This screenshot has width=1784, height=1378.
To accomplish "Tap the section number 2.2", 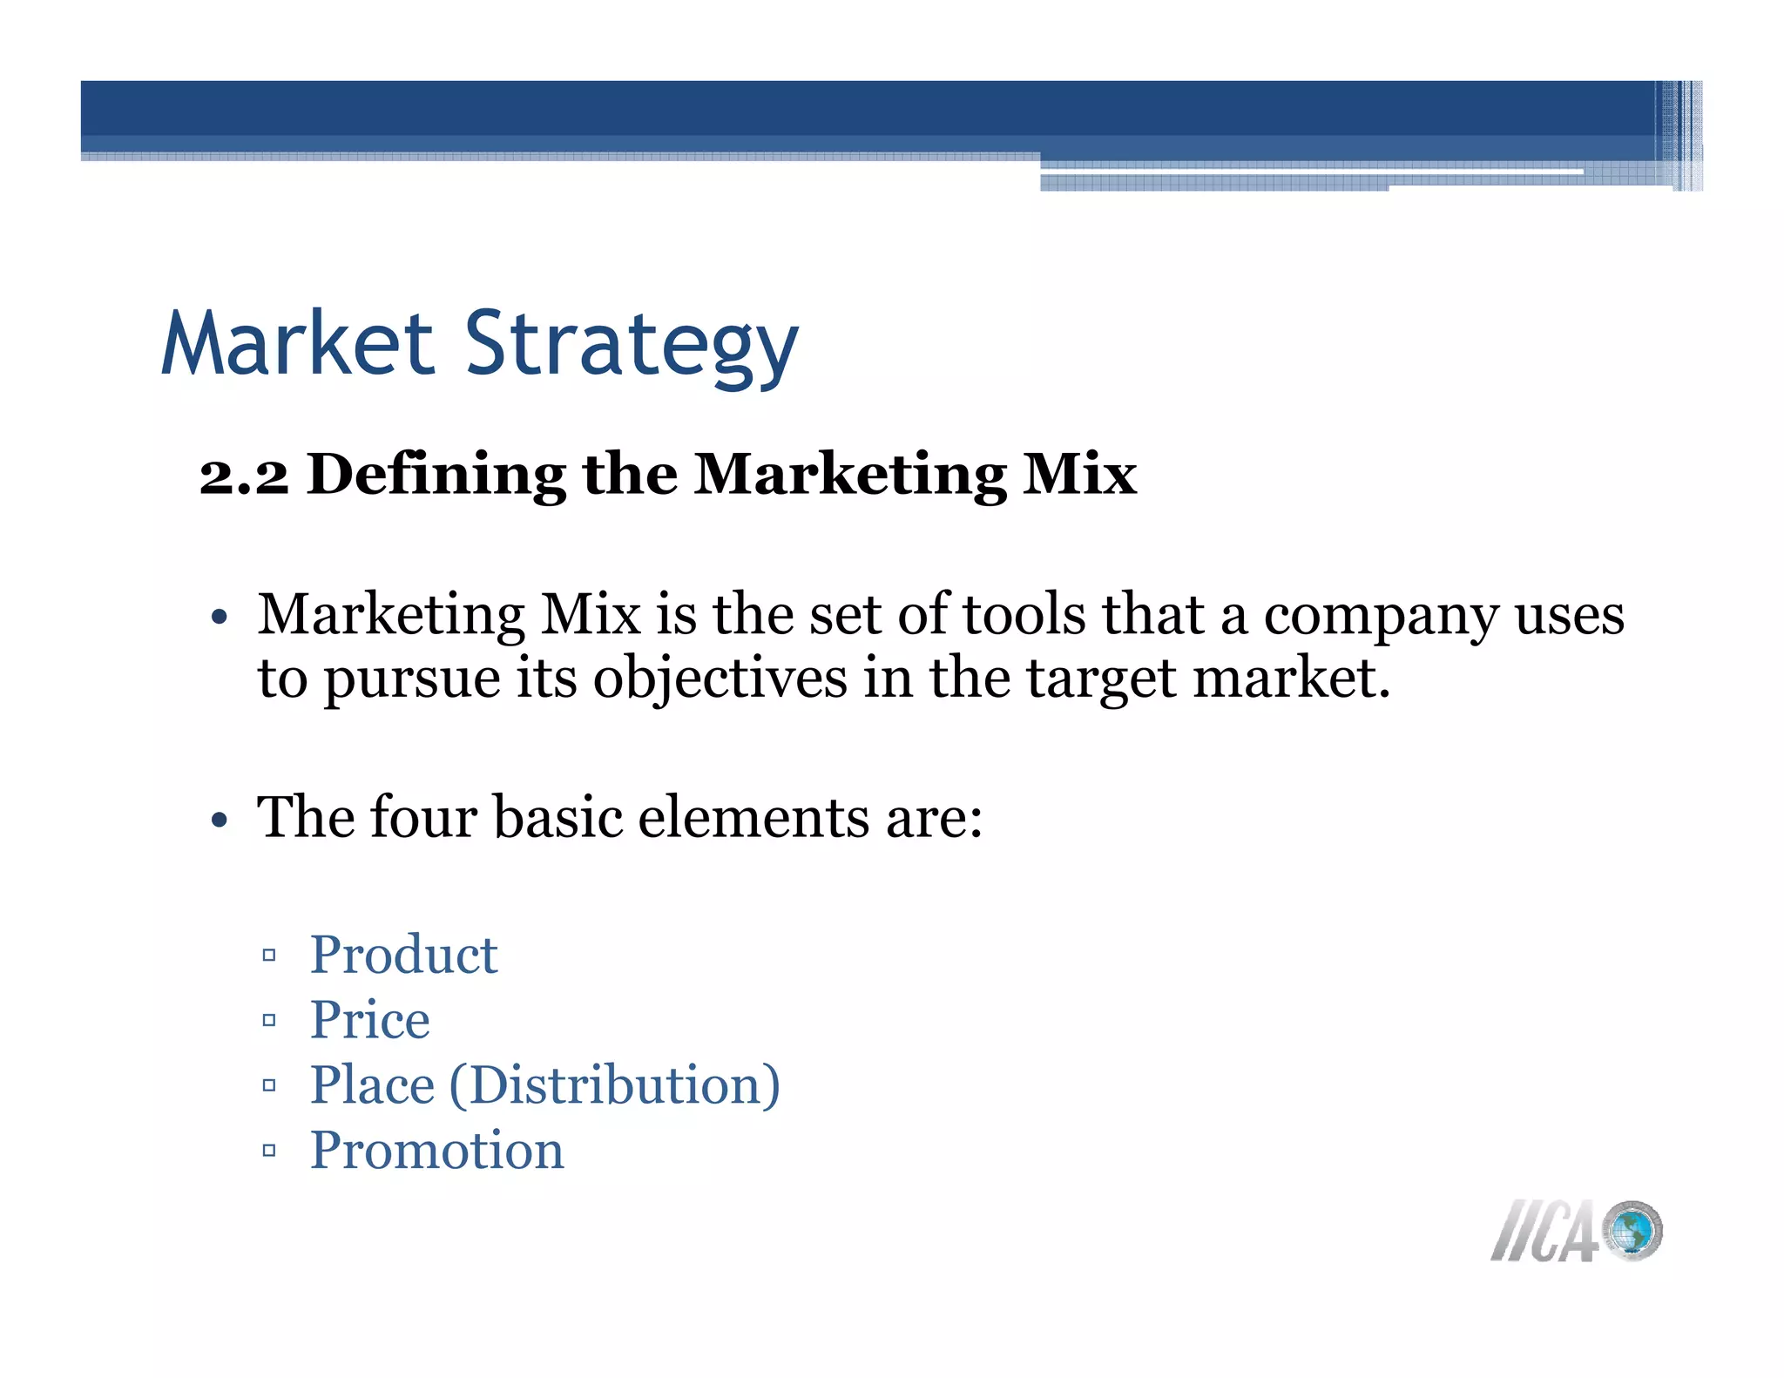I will (244, 476).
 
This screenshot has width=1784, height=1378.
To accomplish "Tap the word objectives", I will (720, 679).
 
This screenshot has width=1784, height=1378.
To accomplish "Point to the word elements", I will (753, 817).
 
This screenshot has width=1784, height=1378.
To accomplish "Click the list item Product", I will (403, 955).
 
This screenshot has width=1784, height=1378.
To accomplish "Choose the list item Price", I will (369, 1020).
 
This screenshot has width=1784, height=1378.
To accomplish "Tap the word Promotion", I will (436, 1151).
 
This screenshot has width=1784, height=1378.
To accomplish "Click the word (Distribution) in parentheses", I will (614, 1085).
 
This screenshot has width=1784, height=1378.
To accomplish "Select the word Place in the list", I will (372, 1085).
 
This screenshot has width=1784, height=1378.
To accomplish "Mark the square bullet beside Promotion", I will (269, 1152).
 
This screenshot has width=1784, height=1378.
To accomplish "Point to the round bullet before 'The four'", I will (219, 821).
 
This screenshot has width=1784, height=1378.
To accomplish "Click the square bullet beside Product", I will (269, 956).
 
